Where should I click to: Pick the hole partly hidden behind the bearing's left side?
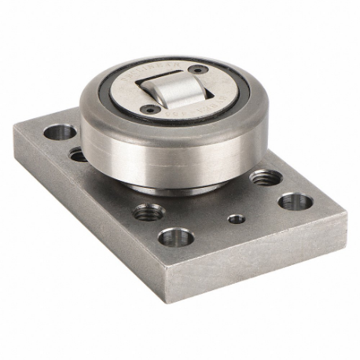tap(79, 154)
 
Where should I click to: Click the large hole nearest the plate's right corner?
tap(295, 201)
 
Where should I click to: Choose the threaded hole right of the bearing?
tap(263, 177)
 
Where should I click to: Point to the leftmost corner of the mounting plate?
tap(13, 130)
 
